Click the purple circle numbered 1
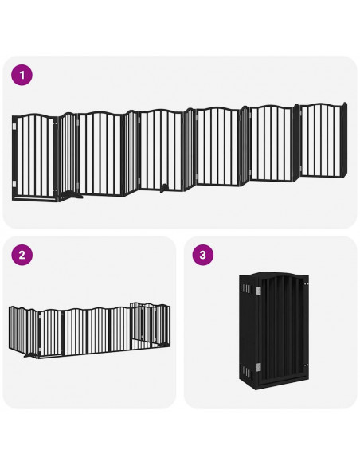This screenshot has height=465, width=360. tap(22, 75)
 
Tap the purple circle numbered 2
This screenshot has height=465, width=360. tap(22, 255)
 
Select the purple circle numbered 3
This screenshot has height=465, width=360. tap(203, 255)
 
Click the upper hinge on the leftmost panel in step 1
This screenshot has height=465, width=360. tap(14, 126)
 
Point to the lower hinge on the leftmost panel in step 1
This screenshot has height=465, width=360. tap(14, 183)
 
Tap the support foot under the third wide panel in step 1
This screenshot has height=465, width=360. tap(163, 188)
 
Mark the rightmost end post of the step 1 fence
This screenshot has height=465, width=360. tap(344, 139)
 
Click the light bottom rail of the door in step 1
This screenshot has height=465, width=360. tap(35, 197)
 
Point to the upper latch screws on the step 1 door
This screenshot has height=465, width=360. tap(55, 123)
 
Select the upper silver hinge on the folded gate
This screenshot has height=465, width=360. tap(259, 290)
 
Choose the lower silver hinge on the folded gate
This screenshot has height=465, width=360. tap(259, 367)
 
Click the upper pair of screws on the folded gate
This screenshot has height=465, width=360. tap(306, 284)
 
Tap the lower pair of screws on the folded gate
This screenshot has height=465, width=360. tap(306, 365)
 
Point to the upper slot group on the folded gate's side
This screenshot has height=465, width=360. tap(248, 288)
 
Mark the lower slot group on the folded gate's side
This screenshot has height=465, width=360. tap(248, 372)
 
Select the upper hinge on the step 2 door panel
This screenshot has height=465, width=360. tap(40, 317)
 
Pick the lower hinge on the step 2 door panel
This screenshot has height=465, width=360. tap(40, 350)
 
